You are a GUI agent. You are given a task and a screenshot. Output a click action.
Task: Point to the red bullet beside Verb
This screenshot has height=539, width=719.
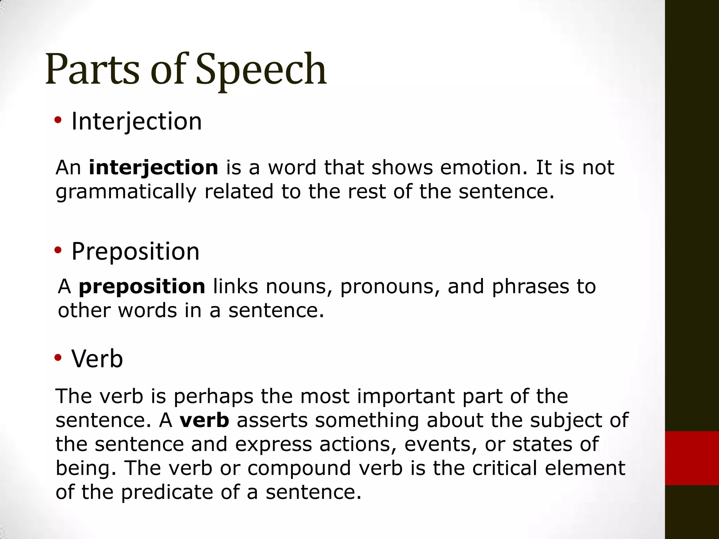[58, 358]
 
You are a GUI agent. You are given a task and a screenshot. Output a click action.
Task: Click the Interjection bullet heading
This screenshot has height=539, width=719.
[137, 121]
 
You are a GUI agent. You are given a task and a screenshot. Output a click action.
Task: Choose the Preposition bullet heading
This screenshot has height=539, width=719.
[136, 252]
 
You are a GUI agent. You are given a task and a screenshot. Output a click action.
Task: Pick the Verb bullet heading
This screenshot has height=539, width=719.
[97, 359]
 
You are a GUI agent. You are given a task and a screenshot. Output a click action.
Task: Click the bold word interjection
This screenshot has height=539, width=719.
[153, 167]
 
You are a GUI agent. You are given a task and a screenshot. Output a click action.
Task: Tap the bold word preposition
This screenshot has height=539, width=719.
[142, 286]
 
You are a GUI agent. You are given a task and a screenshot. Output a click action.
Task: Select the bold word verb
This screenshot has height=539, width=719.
[204, 420]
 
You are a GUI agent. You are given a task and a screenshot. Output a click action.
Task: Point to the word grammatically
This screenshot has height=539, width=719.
[126, 192]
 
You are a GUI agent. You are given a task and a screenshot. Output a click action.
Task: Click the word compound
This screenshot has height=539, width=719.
[299, 468]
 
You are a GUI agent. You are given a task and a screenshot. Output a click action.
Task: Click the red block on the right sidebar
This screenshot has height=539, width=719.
[692, 458]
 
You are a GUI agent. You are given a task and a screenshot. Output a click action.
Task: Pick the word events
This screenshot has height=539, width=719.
[440, 444]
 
